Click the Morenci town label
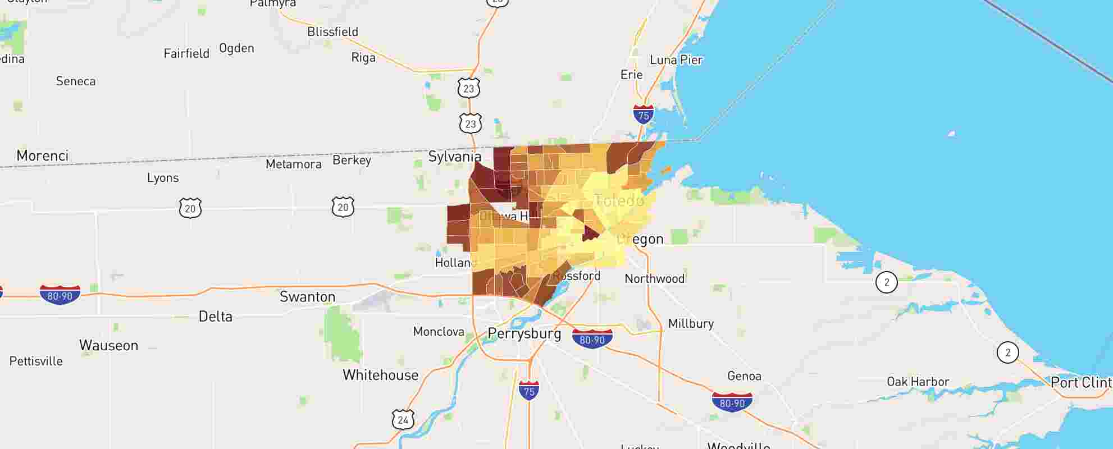pyautogui.click(x=42, y=155)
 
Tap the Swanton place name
pyautogui.click(x=307, y=296)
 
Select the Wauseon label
pyautogui.click(x=108, y=345)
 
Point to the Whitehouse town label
pyautogui.click(x=380, y=375)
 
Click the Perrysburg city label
pyautogui.click(x=524, y=333)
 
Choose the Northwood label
pyautogui.click(x=654, y=278)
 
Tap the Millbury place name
pyautogui.click(x=690, y=323)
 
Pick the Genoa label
pyautogui.click(x=744, y=376)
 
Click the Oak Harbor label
pyautogui.click(x=918, y=382)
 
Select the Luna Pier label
pyautogui.click(x=676, y=59)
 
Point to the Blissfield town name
pyautogui.click(x=332, y=31)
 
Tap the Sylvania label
pyautogui.click(x=454, y=156)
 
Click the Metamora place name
pyautogui.click(x=293, y=164)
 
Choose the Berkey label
pyautogui.click(x=352, y=160)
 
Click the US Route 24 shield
pyautogui.click(x=403, y=419)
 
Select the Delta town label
pyautogui.click(x=215, y=317)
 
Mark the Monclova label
pyautogui.click(x=438, y=332)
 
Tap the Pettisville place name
pyautogui.click(x=36, y=361)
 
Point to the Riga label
pyautogui.click(x=363, y=57)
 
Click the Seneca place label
pyautogui.click(x=76, y=81)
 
